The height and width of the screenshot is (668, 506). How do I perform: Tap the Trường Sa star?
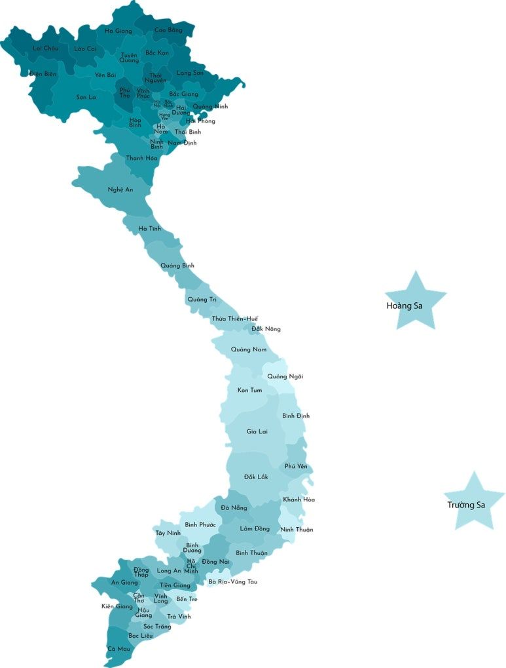coord(474,502)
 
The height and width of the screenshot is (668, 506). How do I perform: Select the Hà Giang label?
coord(118,31)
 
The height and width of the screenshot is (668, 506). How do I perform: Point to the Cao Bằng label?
coord(168,30)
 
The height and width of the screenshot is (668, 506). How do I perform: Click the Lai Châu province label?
coord(46,49)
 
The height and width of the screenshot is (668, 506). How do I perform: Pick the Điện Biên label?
coord(43,74)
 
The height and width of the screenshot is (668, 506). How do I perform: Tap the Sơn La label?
coord(86,97)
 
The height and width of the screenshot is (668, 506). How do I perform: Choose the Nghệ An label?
coord(120,189)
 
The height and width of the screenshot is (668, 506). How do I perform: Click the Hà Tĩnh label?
coord(150,229)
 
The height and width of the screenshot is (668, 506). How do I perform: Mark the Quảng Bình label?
coord(177,265)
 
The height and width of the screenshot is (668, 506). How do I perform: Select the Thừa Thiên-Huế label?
coord(234,319)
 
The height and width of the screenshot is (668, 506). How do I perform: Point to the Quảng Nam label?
coord(249,349)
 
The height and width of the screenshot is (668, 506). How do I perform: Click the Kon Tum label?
coord(249,391)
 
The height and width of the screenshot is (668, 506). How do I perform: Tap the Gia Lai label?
coord(257,431)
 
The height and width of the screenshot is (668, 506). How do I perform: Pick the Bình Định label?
coord(296,416)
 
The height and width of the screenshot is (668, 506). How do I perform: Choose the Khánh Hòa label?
coord(298,500)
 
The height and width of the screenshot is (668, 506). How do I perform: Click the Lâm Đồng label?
coord(255,528)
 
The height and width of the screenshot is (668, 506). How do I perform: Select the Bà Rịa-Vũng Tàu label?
coord(233,581)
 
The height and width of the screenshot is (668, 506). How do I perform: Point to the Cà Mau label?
coord(118,649)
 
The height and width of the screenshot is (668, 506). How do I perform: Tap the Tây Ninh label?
coord(168,533)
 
